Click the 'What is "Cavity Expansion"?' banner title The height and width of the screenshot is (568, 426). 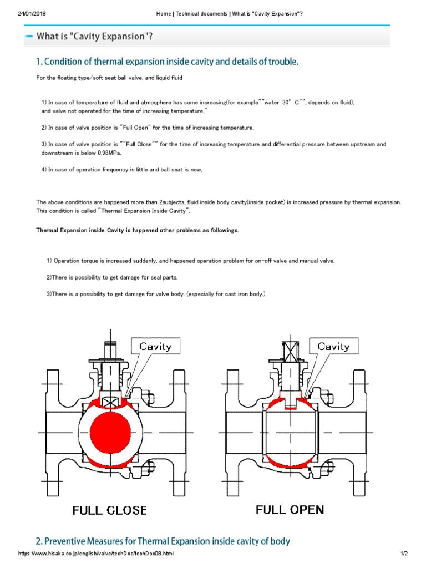(94, 37)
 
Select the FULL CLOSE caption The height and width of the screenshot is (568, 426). (109, 510)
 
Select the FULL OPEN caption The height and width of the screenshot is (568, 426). (290, 509)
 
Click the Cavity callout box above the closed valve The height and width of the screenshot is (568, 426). (155, 347)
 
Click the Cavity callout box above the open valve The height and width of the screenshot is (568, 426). (333, 347)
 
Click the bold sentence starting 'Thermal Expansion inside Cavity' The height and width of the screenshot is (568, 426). (138, 230)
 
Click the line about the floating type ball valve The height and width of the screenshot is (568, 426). (109, 78)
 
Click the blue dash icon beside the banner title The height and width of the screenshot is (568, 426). (28, 37)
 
